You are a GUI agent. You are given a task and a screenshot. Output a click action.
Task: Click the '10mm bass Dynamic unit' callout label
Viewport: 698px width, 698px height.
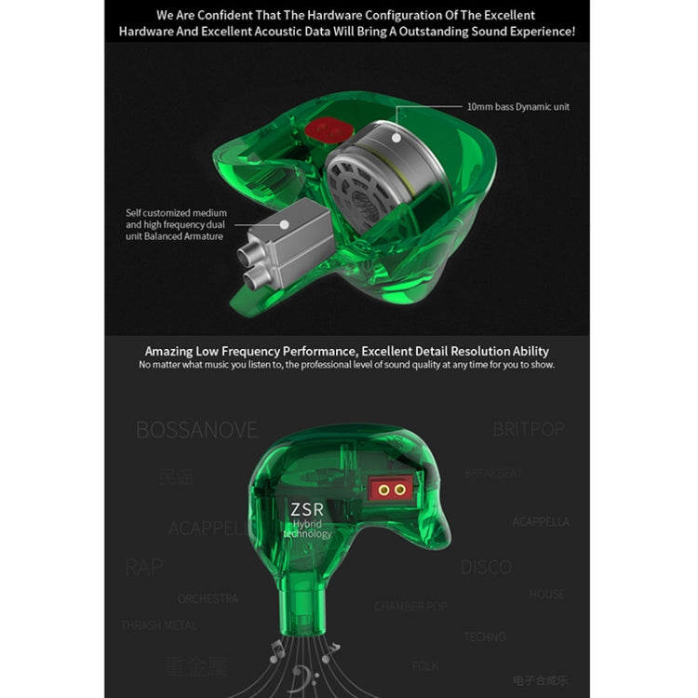(518, 107)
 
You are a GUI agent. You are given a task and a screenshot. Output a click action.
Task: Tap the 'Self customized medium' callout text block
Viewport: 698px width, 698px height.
(176, 224)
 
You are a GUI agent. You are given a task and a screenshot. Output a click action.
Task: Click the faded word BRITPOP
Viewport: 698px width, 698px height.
(530, 429)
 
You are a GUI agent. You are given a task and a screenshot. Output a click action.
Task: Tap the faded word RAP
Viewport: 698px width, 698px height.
(143, 567)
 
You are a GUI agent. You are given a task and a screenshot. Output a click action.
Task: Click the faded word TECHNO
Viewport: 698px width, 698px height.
(485, 637)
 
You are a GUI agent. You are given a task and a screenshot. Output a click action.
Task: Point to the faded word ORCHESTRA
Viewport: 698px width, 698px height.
(208, 598)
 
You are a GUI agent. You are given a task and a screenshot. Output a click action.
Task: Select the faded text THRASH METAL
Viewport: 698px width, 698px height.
(158, 625)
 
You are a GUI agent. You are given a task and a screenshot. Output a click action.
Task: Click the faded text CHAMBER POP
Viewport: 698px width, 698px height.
(410, 606)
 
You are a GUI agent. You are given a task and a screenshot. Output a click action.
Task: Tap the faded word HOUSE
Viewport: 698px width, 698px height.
(547, 594)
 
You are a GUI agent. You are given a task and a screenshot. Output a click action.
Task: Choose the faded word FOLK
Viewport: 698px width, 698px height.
(425, 666)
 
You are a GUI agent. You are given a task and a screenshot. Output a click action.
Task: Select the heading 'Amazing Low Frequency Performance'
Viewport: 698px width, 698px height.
(346, 351)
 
